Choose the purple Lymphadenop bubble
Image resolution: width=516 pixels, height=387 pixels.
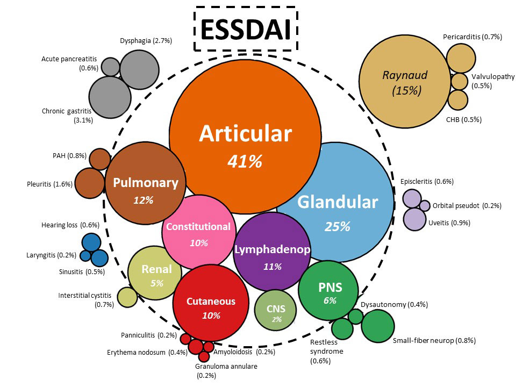point(272,253)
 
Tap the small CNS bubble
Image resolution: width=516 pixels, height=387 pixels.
point(275,310)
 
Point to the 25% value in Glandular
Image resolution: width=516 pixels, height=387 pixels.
point(337,226)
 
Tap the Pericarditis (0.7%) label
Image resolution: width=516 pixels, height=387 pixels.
point(472,37)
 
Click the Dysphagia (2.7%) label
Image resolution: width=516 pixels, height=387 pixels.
point(146,41)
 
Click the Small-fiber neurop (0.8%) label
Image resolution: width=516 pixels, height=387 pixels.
point(434,340)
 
